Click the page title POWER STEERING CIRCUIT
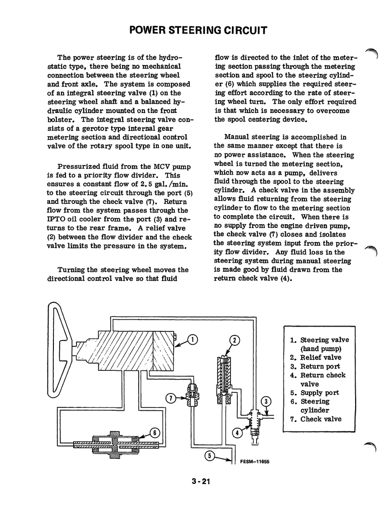click(199, 31)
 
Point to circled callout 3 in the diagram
click(266, 402)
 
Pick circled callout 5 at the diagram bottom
click(210, 454)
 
